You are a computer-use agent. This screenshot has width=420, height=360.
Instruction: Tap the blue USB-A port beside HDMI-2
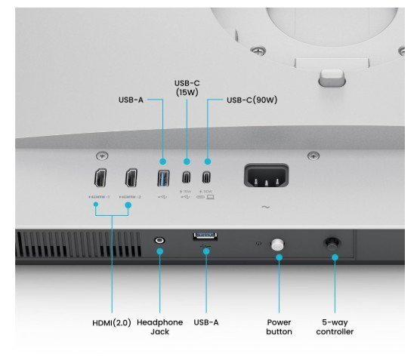tap(162, 179)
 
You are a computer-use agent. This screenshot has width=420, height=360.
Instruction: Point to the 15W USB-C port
tap(187, 179)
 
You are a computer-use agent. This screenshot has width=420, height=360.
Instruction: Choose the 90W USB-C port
tap(207, 179)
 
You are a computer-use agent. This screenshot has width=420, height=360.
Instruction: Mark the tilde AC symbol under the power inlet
tap(265, 207)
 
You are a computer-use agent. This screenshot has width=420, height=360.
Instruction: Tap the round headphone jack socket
tap(159, 242)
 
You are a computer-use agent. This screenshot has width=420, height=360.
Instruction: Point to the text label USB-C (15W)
tap(187, 87)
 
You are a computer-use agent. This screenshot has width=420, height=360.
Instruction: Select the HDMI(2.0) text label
tap(110, 322)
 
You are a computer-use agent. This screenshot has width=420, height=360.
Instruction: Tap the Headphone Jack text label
tap(159, 327)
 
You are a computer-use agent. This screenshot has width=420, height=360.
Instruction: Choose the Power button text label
tap(279, 327)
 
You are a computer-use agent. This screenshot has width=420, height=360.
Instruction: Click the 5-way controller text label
tap(335, 327)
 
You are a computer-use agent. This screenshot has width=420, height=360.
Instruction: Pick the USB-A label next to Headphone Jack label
tap(205, 322)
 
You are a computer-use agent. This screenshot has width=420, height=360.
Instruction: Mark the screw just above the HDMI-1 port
tap(101, 155)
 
